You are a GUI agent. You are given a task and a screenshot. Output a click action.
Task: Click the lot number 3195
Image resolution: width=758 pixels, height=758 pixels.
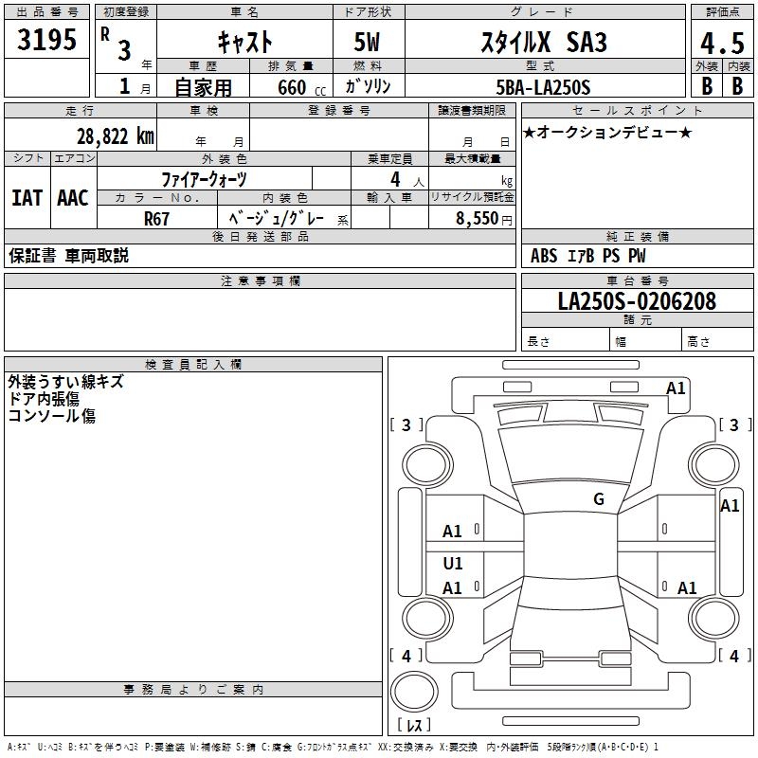coord(47,40)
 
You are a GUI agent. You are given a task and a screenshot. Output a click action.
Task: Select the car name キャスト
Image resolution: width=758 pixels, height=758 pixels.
coord(244,42)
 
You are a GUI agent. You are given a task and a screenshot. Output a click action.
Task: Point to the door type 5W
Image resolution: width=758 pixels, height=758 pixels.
coord(369,43)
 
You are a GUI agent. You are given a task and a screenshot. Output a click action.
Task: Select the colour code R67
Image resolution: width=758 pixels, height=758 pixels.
coord(156,217)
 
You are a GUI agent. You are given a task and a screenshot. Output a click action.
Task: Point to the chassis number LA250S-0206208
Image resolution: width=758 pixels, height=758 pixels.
coord(637,301)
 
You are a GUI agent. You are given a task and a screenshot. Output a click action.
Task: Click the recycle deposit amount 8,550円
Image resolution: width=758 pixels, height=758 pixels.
coord(484,217)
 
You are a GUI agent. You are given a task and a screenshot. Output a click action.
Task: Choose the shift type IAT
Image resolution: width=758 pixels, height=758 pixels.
coord(27,197)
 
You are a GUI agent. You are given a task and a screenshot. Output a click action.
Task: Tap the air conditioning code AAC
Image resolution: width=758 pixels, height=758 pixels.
coord(72,197)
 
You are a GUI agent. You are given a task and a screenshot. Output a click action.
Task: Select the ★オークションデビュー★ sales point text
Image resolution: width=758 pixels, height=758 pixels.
coord(607,132)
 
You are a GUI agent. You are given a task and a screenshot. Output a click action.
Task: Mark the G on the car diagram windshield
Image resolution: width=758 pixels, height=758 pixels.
coord(599,499)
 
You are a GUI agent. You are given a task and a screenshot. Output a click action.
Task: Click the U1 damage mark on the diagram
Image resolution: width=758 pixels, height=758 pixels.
coord(453,564)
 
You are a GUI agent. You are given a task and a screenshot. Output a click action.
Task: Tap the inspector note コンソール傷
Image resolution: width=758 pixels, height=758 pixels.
coord(52,415)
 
